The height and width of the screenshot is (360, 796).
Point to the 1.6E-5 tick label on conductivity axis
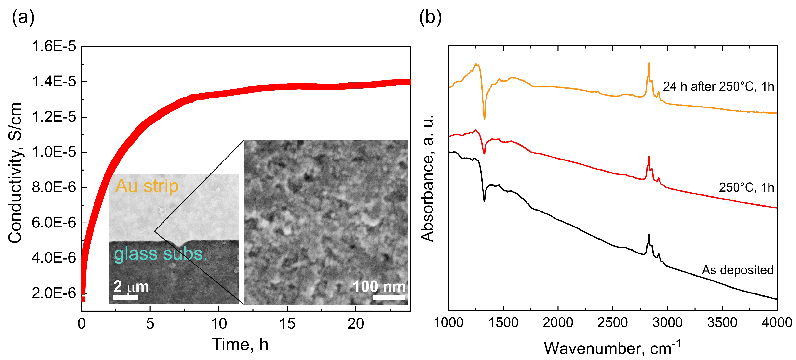(54, 46)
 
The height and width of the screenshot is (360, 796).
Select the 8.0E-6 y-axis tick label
(54, 187)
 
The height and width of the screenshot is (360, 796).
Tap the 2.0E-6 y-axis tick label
(54, 293)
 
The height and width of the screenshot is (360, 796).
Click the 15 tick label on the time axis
(287, 323)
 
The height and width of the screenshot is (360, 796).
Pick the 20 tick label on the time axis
(355, 323)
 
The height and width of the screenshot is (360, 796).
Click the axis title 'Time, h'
(240, 344)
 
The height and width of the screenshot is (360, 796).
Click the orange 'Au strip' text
(147, 186)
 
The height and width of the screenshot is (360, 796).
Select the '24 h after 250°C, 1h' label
(718, 87)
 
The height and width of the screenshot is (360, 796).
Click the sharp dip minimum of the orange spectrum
(484, 118)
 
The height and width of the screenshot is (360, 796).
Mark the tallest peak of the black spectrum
(649, 235)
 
